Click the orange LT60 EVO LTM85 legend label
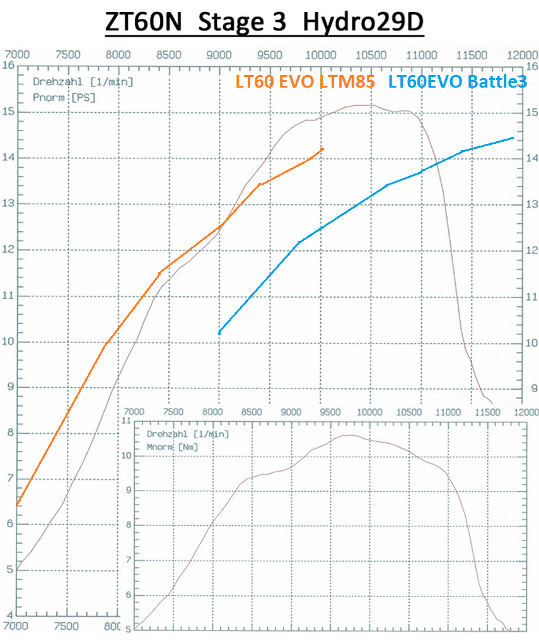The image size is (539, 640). click(x=305, y=81)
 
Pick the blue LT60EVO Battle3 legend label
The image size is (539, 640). click(x=457, y=81)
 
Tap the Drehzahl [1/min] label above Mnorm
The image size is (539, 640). click(x=187, y=434)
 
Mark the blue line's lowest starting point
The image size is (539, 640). click(x=219, y=332)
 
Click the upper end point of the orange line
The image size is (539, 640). click(x=322, y=149)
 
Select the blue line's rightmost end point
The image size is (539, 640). click(x=513, y=137)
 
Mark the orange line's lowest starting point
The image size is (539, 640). click(x=18, y=504)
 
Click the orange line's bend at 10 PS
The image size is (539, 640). click(x=106, y=344)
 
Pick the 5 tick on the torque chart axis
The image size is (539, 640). click(x=128, y=629)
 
